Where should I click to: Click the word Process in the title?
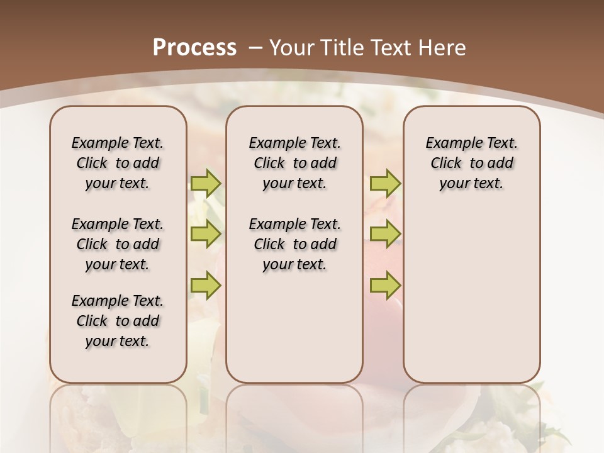click(194, 48)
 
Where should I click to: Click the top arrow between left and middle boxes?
click(206, 183)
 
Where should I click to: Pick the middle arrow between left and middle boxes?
click(206, 234)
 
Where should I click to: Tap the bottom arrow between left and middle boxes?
click(206, 285)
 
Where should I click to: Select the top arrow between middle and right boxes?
click(385, 183)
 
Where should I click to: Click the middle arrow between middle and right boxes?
click(385, 234)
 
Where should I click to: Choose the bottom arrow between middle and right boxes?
click(385, 285)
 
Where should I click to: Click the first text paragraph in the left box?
click(118, 163)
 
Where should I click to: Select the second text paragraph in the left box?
click(118, 244)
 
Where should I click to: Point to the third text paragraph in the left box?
click(118, 321)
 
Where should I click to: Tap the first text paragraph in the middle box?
click(294, 163)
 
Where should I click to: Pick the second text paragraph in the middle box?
click(294, 244)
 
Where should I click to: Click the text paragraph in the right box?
click(472, 163)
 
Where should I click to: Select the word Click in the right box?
click(446, 164)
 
